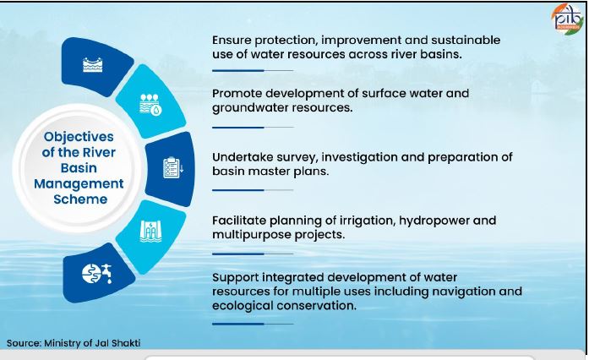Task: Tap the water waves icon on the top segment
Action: pos(93,66)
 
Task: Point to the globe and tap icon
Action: pos(94,272)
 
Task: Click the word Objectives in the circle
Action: pos(79,136)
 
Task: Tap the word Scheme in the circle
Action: pos(79,199)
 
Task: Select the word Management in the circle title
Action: pos(79,183)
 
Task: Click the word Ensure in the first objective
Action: pos(232,41)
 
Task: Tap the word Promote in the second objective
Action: pos(237,93)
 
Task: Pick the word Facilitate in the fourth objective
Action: pos(238,220)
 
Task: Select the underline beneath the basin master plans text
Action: pos(252,191)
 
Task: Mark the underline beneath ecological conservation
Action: pos(252,324)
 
